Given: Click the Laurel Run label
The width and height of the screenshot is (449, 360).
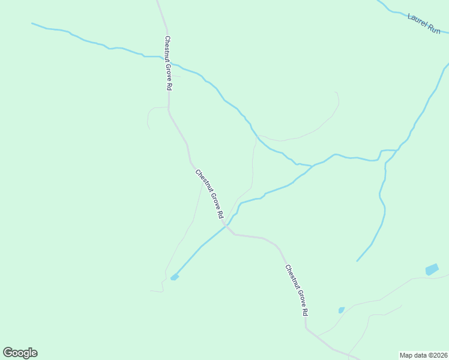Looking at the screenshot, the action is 424,23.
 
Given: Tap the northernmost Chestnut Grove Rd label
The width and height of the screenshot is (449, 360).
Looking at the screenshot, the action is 169,63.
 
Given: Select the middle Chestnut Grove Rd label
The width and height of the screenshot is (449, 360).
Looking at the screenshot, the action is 209,194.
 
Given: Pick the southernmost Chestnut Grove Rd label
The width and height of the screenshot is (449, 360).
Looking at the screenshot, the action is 297,290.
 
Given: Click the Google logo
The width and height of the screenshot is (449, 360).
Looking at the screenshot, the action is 20,353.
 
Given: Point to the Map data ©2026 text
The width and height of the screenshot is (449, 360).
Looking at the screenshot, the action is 423,355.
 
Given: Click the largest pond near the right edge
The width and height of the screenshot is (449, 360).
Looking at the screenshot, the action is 432,269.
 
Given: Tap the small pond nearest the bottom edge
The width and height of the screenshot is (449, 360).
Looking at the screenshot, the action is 341,310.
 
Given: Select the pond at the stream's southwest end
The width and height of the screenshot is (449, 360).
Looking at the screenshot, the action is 174,277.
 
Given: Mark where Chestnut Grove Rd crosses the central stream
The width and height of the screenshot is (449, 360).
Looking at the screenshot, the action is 226,226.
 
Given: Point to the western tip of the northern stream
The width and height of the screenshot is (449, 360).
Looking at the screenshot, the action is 32,24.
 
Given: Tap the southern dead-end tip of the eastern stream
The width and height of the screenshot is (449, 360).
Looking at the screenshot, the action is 357,261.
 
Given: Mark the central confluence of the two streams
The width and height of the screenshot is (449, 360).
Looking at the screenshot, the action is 311,165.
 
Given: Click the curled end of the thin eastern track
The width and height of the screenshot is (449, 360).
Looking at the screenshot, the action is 336,92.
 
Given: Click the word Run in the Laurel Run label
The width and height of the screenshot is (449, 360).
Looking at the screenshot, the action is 433,28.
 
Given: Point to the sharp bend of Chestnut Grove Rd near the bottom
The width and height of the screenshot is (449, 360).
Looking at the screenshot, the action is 306,328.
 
